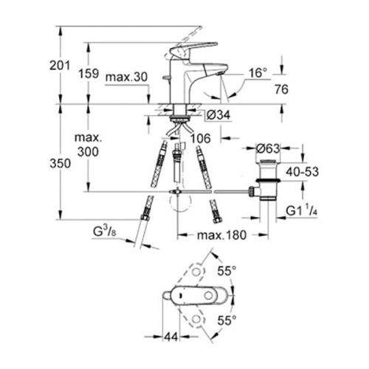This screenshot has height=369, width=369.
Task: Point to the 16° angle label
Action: point(256,73)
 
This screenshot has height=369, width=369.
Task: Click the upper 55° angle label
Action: point(227,271)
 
